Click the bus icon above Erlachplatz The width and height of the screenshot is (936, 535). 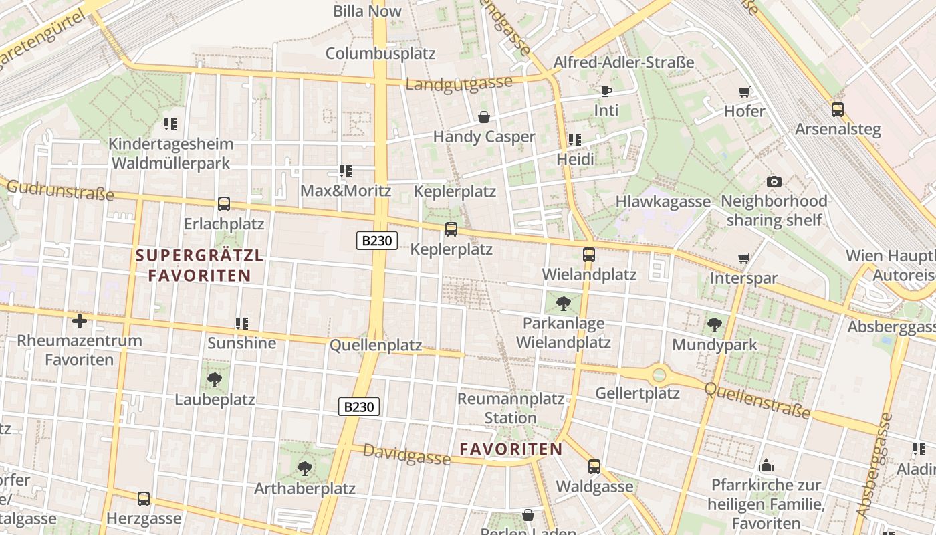click(x=224, y=204)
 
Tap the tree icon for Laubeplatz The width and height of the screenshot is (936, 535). click(x=215, y=380)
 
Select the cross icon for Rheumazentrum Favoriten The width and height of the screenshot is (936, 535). click(x=80, y=321)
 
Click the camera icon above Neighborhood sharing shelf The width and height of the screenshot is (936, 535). click(x=774, y=181)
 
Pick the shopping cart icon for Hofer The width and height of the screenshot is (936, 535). click(x=744, y=92)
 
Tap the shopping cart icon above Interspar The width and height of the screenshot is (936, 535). click(x=743, y=258)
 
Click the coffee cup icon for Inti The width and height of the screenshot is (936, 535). click(x=606, y=91)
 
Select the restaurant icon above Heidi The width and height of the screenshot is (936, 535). click(x=575, y=140)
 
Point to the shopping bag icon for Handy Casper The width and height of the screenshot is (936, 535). click(x=484, y=118)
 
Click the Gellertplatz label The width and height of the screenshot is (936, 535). click(x=637, y=393)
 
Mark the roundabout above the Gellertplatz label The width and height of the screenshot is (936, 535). click(x=659, y=374)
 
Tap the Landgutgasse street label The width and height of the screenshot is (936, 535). click(x=459, y=84)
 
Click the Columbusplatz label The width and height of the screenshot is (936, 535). click(x=380, y=53)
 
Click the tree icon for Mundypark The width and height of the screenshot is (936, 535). click(x=715, y=326)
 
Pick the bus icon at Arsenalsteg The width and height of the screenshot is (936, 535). click(x=838, y=110)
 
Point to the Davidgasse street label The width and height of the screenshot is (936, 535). click(x=406, y=455)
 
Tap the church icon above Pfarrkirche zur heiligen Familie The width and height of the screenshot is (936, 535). click(x=766, y=465)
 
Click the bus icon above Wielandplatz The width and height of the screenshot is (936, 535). click(x=589, y=255)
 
